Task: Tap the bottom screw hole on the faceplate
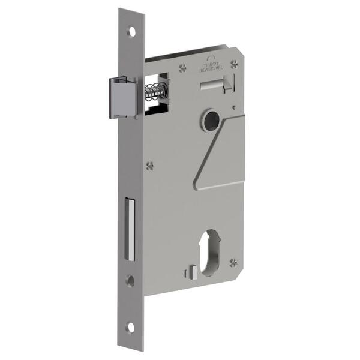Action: click(x=130, y=327)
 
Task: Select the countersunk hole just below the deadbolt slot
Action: click(x=130, y=280)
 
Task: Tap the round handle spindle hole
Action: click(x=211, y=120)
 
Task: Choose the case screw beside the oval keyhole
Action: click(x=233, y=262)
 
